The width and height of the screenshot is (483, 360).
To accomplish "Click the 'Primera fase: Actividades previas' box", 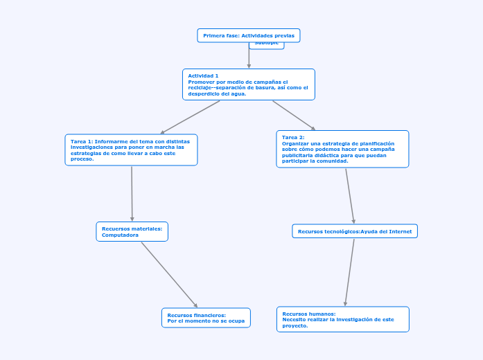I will [248, 35].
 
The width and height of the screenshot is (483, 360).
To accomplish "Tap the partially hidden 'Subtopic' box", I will [267, 45].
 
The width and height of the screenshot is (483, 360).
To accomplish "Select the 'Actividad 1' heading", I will [203, 75].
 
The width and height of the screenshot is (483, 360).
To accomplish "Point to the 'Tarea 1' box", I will [131, 150].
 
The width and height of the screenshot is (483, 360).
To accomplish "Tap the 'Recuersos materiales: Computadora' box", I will [132, 231].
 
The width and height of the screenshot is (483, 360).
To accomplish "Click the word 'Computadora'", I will [120, 235].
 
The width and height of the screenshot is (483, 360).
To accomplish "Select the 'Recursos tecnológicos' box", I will [354, 231].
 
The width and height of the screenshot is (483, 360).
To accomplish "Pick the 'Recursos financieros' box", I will [206, 318].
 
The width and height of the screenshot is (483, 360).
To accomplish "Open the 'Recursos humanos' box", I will [342, 319].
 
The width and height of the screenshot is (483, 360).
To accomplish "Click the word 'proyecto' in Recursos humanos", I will [294, 325].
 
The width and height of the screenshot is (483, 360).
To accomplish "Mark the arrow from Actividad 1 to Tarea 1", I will [190, 117].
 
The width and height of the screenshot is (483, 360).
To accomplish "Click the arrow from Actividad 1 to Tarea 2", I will [294, 115].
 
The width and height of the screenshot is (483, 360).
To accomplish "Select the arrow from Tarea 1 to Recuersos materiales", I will [132, 194].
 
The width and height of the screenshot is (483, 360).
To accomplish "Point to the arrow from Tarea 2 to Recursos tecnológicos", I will [350, 196].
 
